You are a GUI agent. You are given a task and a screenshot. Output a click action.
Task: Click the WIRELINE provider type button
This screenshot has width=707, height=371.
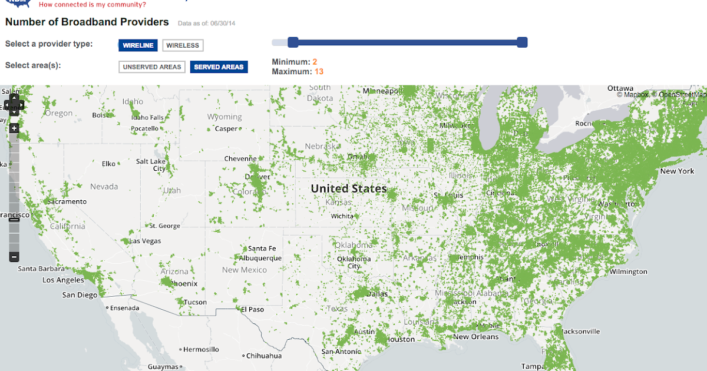[x=138, y=45]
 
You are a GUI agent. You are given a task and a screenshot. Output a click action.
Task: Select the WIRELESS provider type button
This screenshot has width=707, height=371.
[x=183, y=45]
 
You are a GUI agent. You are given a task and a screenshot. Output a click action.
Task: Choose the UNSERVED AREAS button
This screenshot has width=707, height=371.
[x=152, y=67]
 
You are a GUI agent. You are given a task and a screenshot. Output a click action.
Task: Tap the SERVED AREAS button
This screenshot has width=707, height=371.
[x=219, y=67]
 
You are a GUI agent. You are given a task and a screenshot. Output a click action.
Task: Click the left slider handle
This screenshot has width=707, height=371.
[x=293, y=42]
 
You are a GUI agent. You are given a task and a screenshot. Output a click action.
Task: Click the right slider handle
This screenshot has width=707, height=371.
[x=521, y=42]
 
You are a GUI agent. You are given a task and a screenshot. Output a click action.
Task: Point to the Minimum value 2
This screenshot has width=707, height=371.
[x=315, y=62]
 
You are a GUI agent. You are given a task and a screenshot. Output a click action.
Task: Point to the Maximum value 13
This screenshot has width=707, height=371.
[x=319, y=71]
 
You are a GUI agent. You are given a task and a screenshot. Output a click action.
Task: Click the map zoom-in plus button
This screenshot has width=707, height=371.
[x=14, y=128]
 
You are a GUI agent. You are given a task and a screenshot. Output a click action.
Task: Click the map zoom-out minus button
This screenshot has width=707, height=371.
[x=14, y=257]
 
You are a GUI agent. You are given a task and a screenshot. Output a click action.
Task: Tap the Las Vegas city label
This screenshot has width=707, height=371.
[x=145, y=241]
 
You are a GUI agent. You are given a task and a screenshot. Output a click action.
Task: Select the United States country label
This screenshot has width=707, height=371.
[x=349, y=188]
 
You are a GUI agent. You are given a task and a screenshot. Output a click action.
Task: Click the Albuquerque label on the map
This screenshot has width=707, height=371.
[x=260, y=258]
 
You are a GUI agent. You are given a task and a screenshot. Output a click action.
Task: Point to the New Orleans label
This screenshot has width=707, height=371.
[x=475, y=337]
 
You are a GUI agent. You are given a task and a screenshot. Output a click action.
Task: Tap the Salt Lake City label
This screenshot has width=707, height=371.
[x=151, y=165]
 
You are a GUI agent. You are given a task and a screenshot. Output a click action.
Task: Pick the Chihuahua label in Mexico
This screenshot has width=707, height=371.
[x=263, y=356]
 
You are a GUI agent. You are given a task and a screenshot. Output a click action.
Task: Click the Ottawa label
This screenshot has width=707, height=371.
[x=620, y=88]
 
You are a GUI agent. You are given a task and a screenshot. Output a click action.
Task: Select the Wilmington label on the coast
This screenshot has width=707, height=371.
[x=628, y=271]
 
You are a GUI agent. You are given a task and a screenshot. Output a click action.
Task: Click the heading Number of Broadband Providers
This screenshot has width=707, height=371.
[x=87, y=22]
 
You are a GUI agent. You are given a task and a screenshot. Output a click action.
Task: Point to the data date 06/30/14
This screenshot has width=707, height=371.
[x=222, y=23]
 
